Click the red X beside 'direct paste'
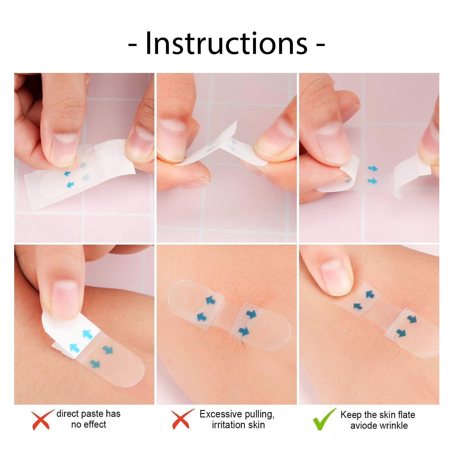pyautogui.click(x=42, y=419)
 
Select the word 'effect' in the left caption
pyautogui.click(x=96, y=425)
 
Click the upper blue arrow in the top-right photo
pyautogui.click(x=373, y=169)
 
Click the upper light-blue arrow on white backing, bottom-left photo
pyautogui.click(x=88, y=334)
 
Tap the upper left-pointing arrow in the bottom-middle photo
pyautogui.click(x=211, y=300)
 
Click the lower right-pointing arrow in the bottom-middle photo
pyautogui.click(x=244, y=331)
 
